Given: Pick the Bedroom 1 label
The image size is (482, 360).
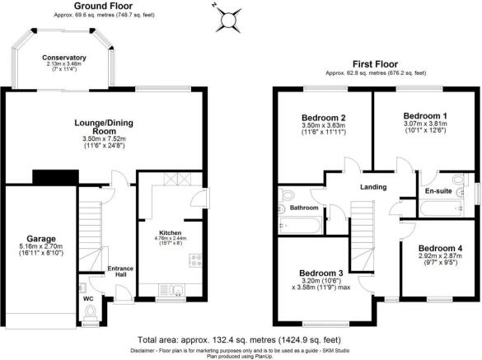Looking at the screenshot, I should tap(424, 116).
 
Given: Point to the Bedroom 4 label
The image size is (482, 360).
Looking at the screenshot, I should tap(440, 248).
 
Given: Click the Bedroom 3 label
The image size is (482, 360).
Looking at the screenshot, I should tap(321, 273).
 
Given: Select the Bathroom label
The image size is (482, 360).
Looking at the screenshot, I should tap(304, 208).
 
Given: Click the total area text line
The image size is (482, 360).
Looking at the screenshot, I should tap(241, 338).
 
